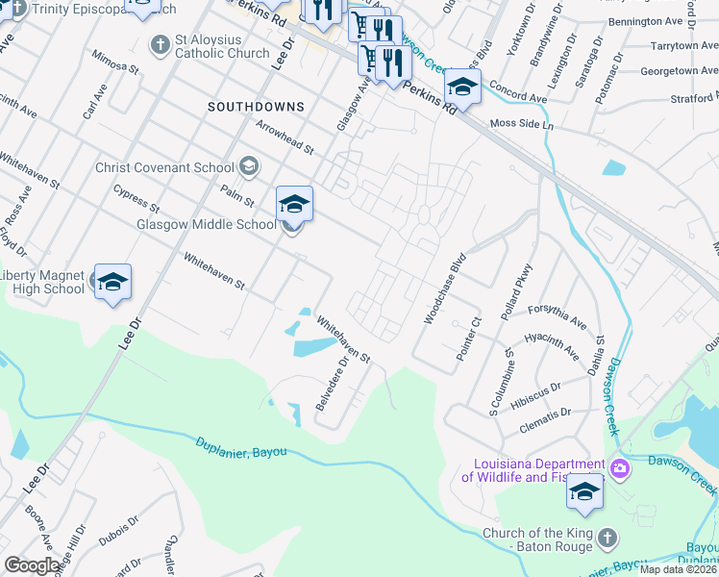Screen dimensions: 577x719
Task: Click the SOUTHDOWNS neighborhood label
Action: click(x=256, y=108)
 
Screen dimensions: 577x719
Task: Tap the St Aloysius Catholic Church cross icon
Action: click(x=160, y=44)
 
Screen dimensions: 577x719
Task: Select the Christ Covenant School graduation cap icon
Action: click(x=249, y=167)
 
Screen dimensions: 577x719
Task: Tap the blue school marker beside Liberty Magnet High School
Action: click(x=112, y=282)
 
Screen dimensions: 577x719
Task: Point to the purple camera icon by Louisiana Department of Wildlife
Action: click(x=620, y=468)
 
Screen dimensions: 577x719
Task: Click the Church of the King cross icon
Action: click(x=607, y=536)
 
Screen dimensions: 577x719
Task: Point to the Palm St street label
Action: click(x=236, y=196)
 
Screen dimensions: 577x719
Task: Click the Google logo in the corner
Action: click(x=32, y=565)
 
